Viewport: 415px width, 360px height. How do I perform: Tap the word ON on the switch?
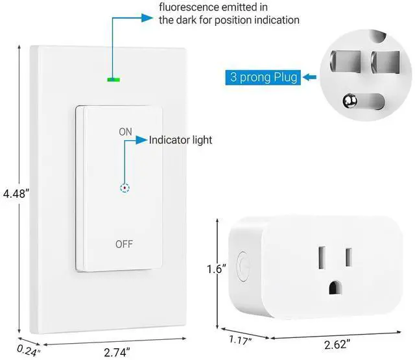[125, 132]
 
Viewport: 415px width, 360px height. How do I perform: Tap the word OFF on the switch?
[124, 244]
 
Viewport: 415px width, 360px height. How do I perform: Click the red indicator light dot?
[124, 188]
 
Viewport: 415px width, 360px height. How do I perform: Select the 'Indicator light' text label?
[180, 139]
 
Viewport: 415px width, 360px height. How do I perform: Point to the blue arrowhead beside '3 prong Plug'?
[308, 78]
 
